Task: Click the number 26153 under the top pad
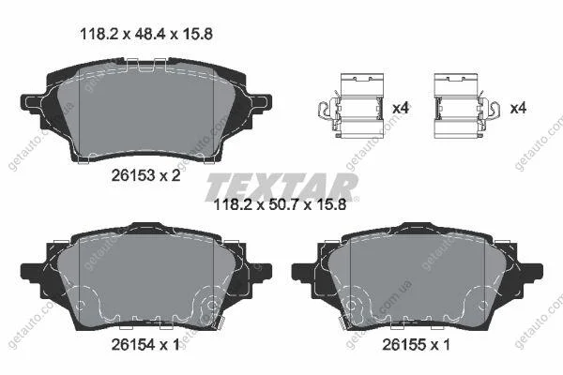pos(133,175)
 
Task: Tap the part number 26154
pos(133,345)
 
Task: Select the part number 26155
pos(403,345)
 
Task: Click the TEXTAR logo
pos(281,187)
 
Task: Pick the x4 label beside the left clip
pos(401,108)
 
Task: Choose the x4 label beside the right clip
pos(518,108)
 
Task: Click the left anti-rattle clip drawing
pos(351,106)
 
